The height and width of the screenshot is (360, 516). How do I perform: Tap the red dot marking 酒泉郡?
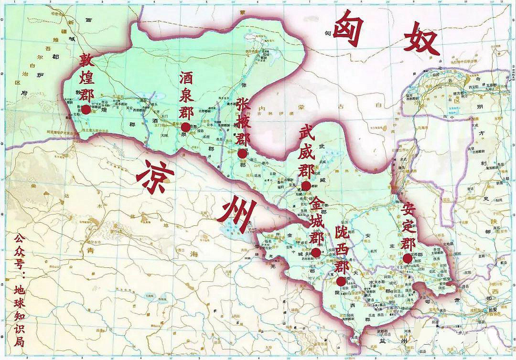click(x=185, y=127)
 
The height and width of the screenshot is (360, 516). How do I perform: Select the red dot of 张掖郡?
click(x=242, y=154)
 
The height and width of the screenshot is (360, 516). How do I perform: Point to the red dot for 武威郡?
click(x=306, y=186)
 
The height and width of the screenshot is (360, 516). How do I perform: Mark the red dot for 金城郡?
click(x=316, y=253)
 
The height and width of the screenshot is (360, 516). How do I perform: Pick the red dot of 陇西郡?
click(x=341, y=281)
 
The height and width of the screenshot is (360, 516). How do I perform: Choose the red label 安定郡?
click(x=408, y=227)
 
